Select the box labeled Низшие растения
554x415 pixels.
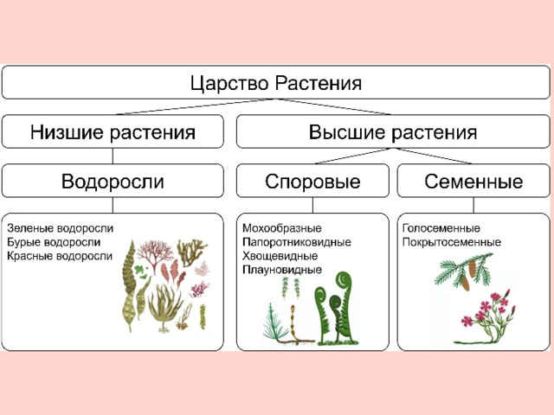[x=113, y=131]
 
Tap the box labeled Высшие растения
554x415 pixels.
[x=393, y=131]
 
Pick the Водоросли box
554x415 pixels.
[x=113, y=181]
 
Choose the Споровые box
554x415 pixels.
[x=312, y=181]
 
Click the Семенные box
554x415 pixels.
[x=473, y=181]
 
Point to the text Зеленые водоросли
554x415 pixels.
[x=60, y=228]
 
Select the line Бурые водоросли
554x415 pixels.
[x=54, y=242]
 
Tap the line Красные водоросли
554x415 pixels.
[x=60, y=256]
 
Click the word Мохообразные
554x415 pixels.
[x=282, y=228]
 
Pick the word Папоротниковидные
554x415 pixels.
[x=297, y=242]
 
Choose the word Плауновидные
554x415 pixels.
[x=282, y=270]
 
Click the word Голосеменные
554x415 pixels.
[x=441, y=228]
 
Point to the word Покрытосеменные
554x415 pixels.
[x=452, y=242]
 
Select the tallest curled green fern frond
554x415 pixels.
[x=345, y=307]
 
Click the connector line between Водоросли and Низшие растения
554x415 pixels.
[x=113, y=156]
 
